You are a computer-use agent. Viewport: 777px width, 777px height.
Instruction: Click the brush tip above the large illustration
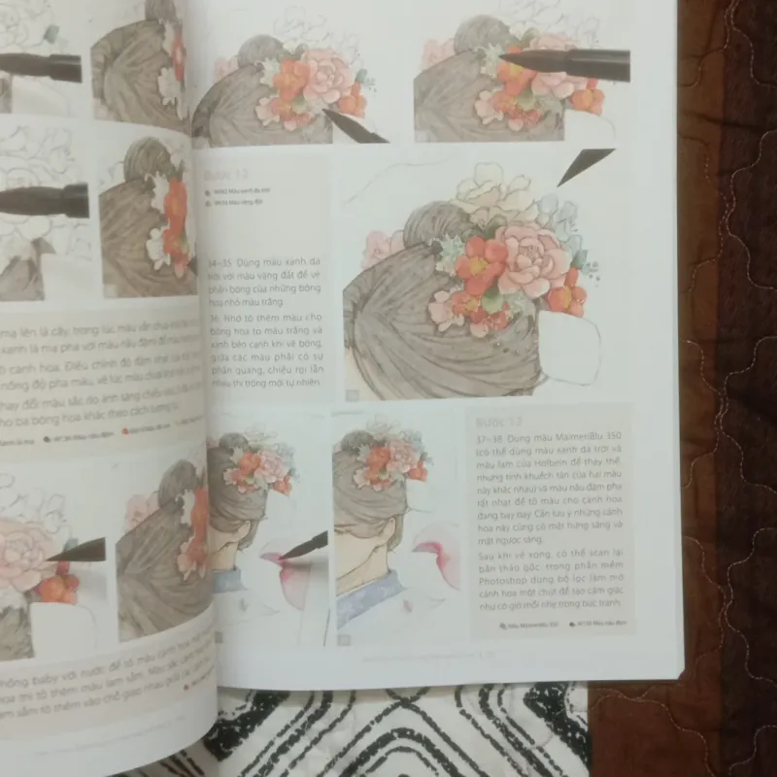(584, 165)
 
